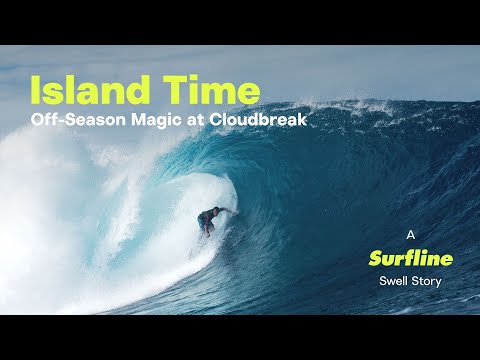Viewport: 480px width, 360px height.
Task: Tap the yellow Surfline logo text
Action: [410, 258]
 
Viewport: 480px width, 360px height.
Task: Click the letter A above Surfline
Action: [410, 235]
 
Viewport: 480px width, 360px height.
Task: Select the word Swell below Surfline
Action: [393, 281]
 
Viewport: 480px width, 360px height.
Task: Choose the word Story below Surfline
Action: [427, 281]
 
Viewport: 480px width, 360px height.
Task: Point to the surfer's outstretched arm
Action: [227, 211]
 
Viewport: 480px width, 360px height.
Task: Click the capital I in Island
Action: [35, 91]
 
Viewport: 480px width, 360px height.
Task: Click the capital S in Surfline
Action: [375, 258]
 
